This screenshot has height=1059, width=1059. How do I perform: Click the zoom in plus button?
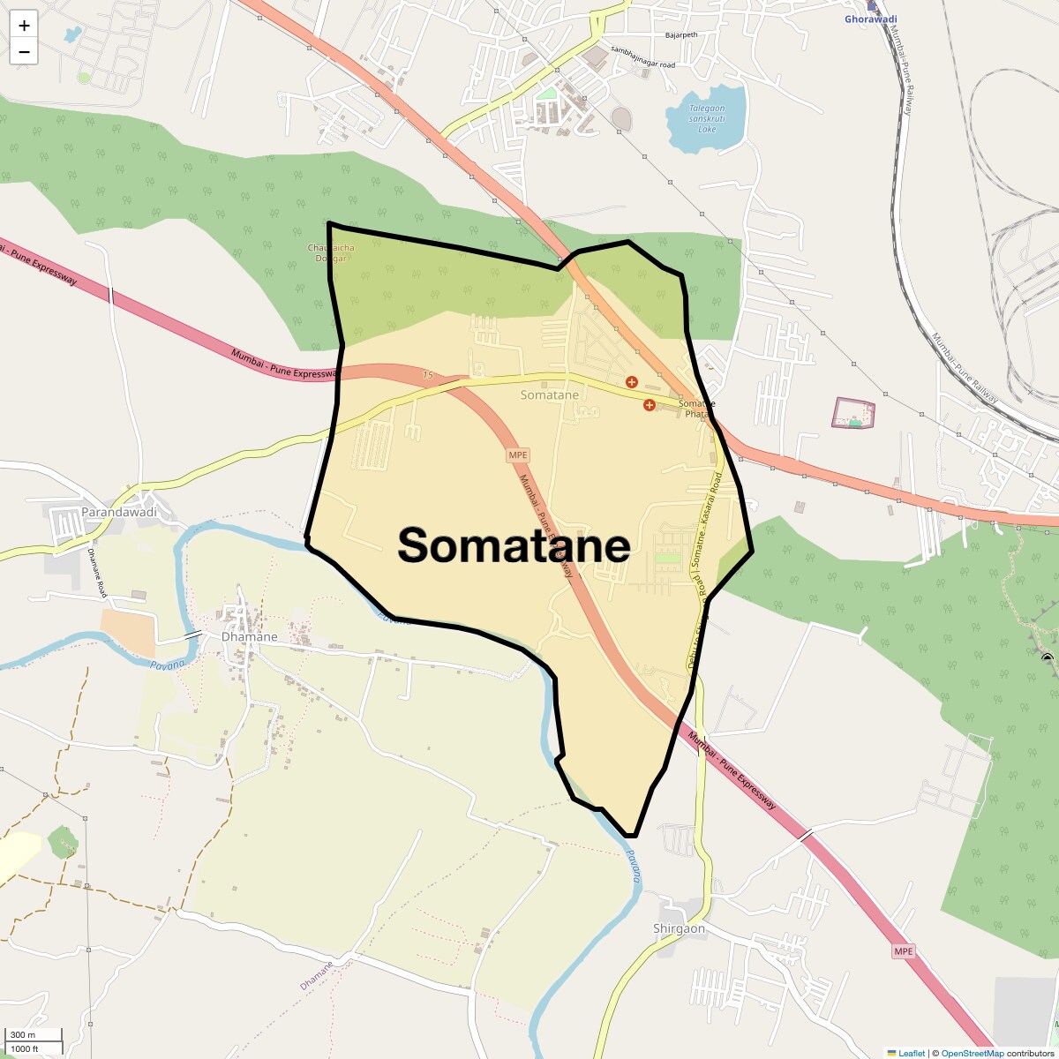pyautogui.click(x=24, y=26)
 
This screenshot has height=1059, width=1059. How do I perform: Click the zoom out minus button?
pyautogui.click(x=24, y=52)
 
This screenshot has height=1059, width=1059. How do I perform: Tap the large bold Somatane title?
pyautogui.click(x=514, y=545)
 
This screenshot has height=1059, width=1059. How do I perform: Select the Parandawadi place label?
pyautogui.click(x=118, y=512)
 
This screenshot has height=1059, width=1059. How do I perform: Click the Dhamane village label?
pyautogui.click(x=249, y=636)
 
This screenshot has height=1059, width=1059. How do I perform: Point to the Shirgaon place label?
pyautogui.click(x=679, y=928)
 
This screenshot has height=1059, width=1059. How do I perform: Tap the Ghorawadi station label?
pyautogui.click(x=870, y=19)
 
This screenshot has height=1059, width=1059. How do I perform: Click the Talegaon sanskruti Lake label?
pyautogui.click(x=707, y=118)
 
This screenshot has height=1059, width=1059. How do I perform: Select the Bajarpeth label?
pyautogui.click(x=680, y=35)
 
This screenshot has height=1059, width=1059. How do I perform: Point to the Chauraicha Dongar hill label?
pyautogui.click(x=331, y=252)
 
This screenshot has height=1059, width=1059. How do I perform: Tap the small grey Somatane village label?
pyautogui.click(x=549, y=394)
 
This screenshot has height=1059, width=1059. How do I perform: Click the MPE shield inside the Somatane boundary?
pyautogui.click(x=517, y=455)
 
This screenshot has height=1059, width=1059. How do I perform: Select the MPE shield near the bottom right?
pyautogui.click(x=903, y=951)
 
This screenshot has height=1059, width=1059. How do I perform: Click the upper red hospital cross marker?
pyautogui.click(x=631, y=381)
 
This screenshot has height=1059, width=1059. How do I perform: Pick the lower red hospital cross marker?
pyautogui.click(x=650, y=405)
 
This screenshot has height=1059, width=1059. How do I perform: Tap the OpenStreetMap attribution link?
pyautogui.click(x=972, y=1053)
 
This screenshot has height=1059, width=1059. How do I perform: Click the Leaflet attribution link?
pyautogui.click(x=912, y=1053)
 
